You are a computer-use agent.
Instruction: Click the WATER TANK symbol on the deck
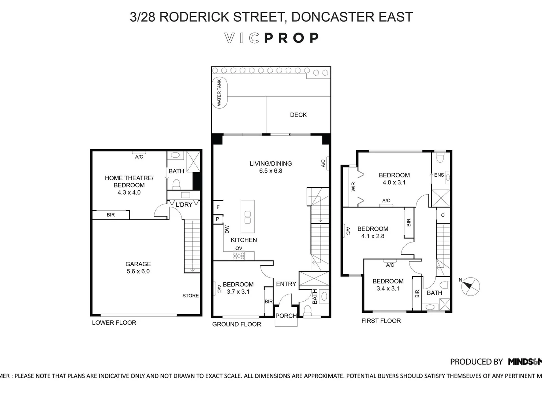(x=220, y=93)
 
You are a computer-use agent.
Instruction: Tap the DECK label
(x=298, y=115)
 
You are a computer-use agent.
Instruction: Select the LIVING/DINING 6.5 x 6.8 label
(x=270, y=167)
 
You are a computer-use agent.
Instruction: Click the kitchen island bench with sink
(x=247, y=217)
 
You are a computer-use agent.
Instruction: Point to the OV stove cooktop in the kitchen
(x=239, y=256)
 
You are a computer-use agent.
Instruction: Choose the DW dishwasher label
(x=227, y=229)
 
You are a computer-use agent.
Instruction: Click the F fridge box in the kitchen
(x=218, y=207)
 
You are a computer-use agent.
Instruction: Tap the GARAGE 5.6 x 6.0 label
(x=138, y=268)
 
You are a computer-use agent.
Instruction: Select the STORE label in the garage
(x=191, y=296)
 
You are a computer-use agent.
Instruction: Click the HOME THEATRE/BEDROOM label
(x=129, y=185)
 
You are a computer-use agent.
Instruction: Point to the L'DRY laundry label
(x=184, y=205)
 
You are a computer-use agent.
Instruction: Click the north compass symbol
(x=471, y=286)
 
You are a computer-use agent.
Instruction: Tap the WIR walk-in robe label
(x=353, y=187)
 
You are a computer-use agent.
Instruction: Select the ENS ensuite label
(x=439, y=175)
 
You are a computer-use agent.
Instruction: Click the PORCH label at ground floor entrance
(x=286, y=316)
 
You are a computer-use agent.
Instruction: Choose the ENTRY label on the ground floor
(x=286, y=284)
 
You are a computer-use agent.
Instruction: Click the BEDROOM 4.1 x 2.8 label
(x=373, y=233)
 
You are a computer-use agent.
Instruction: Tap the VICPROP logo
(x=271, y=38)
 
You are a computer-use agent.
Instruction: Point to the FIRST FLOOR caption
(x=381, y=321)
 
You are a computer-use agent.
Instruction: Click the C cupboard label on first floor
(x=442, y=215)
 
